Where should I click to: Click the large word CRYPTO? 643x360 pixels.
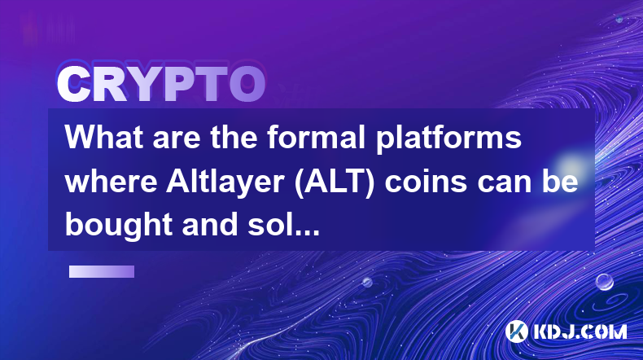[161, 84]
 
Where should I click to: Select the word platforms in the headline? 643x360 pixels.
[448, 138]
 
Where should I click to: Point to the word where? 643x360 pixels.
[112, 181]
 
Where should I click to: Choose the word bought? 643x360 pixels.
[119, 226]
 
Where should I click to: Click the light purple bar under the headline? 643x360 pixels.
[102, 272]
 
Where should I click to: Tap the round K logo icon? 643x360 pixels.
[516, 331]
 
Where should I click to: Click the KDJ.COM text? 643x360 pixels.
[580, 331]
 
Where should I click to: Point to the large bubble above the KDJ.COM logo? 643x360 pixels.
[605, 282]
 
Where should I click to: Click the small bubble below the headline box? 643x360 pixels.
[367, 282]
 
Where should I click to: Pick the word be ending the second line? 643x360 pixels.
[560, 181]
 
